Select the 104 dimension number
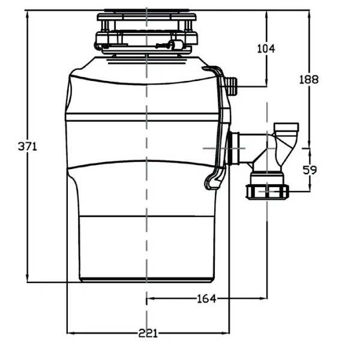tap(265, 49)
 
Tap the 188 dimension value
tap(309, 79)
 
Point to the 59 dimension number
tap(310, 170)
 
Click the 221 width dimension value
tap(147, 333)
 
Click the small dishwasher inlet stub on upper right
tap(232, 86)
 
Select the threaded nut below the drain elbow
tap(267, 192)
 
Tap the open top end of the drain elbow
tap(286, 127)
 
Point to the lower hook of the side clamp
tap(212, 182)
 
